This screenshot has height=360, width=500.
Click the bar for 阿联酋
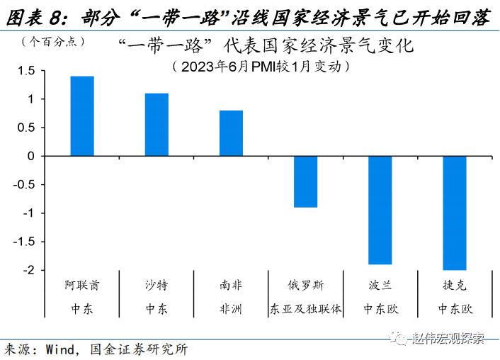pos(82,116)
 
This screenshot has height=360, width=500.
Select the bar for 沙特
pos(157,124)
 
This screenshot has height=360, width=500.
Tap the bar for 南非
pos(231,133)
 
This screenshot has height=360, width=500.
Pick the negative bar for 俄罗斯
pos(306,181)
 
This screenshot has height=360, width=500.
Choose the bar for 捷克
pos(455,213)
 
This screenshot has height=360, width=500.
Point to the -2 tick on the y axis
pos(28,270)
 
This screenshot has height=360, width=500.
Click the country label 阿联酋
pos(82,286)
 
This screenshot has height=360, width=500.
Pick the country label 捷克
pos(455,286)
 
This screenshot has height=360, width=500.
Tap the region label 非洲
pos(231,309)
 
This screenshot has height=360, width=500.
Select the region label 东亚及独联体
pos(306,309)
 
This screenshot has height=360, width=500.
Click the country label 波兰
pos(380,286)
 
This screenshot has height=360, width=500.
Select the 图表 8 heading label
pos(34,17)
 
